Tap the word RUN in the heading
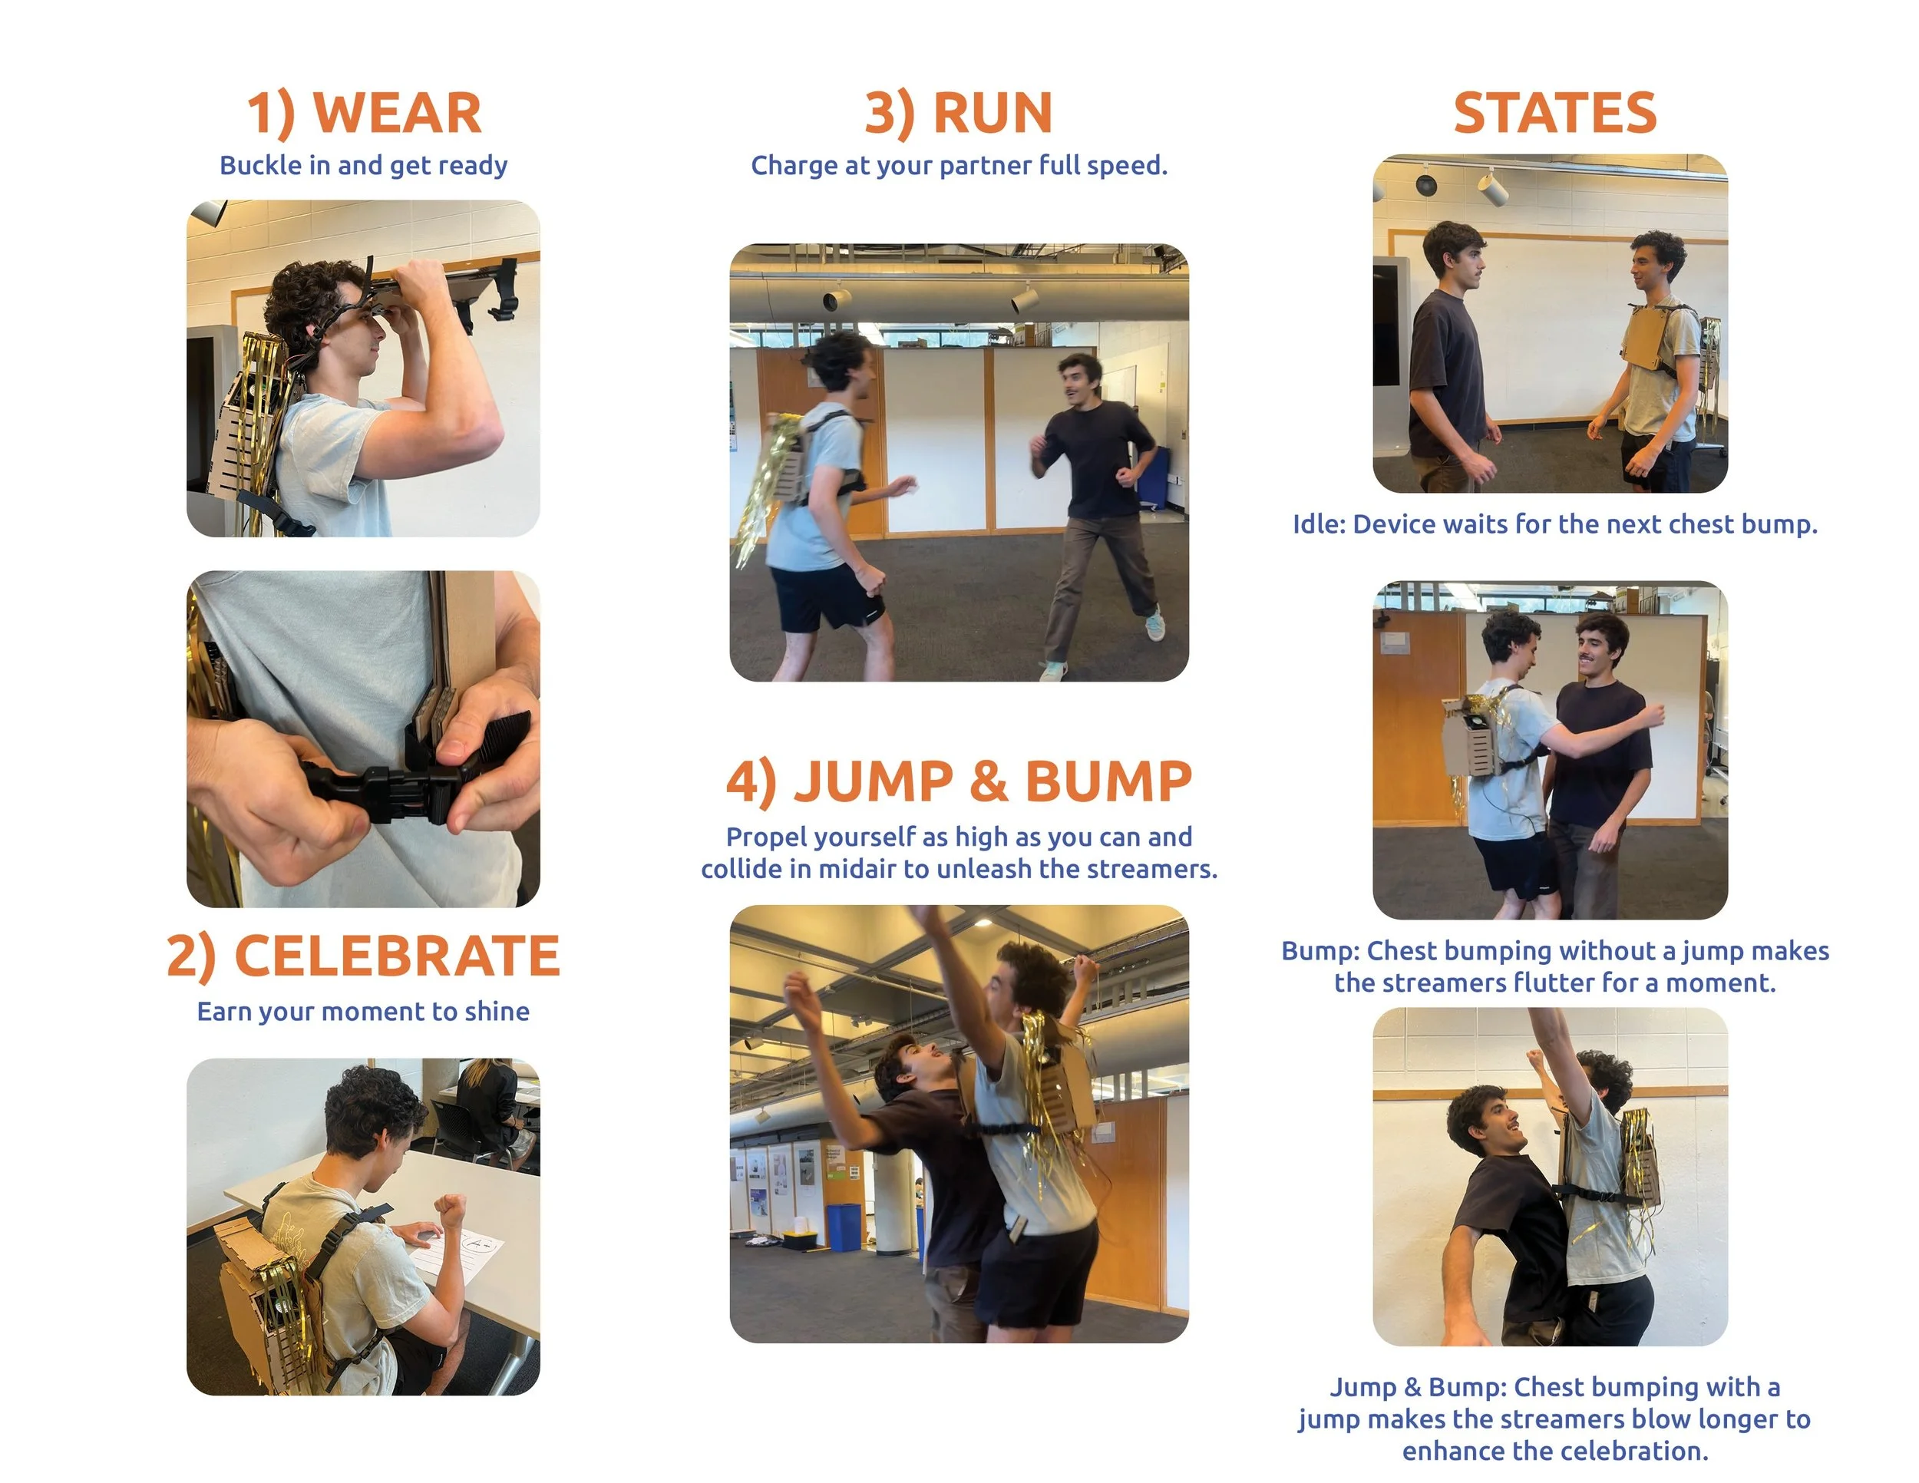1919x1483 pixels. click(x=993, y=114)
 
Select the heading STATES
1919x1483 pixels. click(x=1554, y=114)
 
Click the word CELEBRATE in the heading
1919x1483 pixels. click(x=397, y=956)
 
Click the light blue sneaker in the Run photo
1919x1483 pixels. click(x=1154, y=624)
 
